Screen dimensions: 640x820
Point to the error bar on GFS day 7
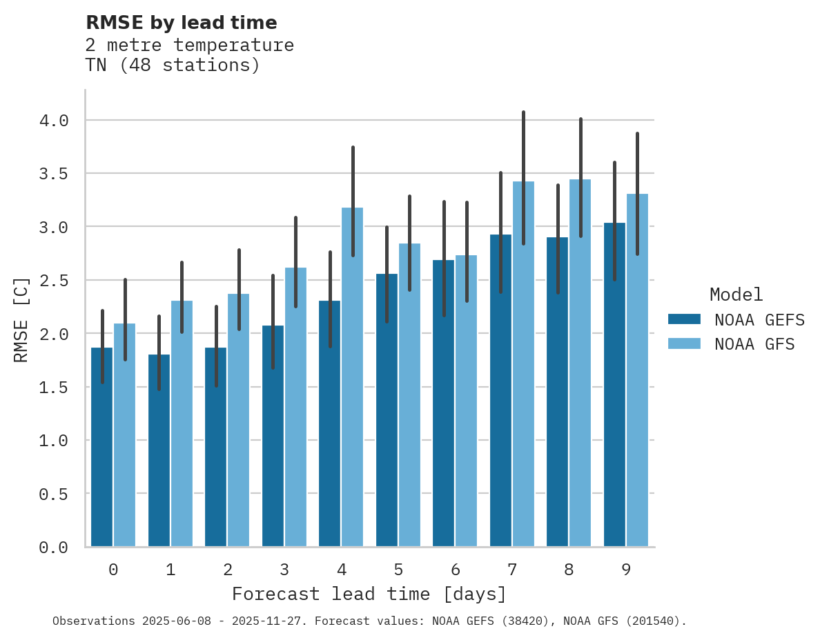[x=523, y=177]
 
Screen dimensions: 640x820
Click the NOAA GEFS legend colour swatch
[x=684, y=319]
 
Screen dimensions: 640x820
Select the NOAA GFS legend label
[x=754, y=344]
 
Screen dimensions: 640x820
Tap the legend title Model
[x=736, y=294]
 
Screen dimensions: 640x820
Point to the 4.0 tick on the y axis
[x=54, y=121]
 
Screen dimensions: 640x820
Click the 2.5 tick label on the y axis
[x=54, y=281]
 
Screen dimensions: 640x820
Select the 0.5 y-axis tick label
[x=54, y=494]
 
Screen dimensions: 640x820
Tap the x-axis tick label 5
[x=398, y=570]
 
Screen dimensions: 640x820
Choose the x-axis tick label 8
[x=569, y=570]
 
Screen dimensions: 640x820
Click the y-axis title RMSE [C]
[x=21, y=319]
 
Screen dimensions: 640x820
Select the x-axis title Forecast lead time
[x=369, y=594]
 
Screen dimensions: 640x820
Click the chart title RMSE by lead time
[x=181, y=23]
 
